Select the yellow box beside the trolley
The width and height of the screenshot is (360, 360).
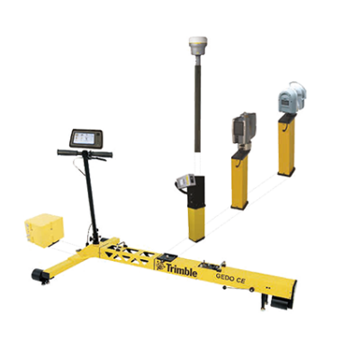40,230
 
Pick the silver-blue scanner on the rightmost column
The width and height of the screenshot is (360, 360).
289,96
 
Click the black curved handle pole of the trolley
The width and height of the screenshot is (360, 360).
90,198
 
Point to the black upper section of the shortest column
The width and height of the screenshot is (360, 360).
195,193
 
